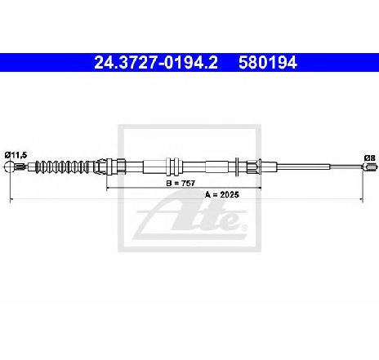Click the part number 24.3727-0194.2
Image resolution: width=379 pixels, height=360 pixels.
[156, 63]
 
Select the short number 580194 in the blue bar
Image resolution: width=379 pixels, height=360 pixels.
[268, 63]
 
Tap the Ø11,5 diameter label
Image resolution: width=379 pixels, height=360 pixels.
[16, 155]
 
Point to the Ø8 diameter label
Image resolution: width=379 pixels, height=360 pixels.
[370, 158]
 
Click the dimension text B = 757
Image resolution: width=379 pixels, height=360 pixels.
[181, 184]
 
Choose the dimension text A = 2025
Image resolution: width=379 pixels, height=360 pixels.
[221, 194]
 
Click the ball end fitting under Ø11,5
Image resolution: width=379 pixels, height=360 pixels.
[9, 167]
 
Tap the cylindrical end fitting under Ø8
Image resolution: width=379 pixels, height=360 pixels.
[371, 167]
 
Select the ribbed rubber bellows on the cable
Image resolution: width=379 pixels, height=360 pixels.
[65, 167]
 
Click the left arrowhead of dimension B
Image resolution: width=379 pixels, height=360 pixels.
[108, 188]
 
